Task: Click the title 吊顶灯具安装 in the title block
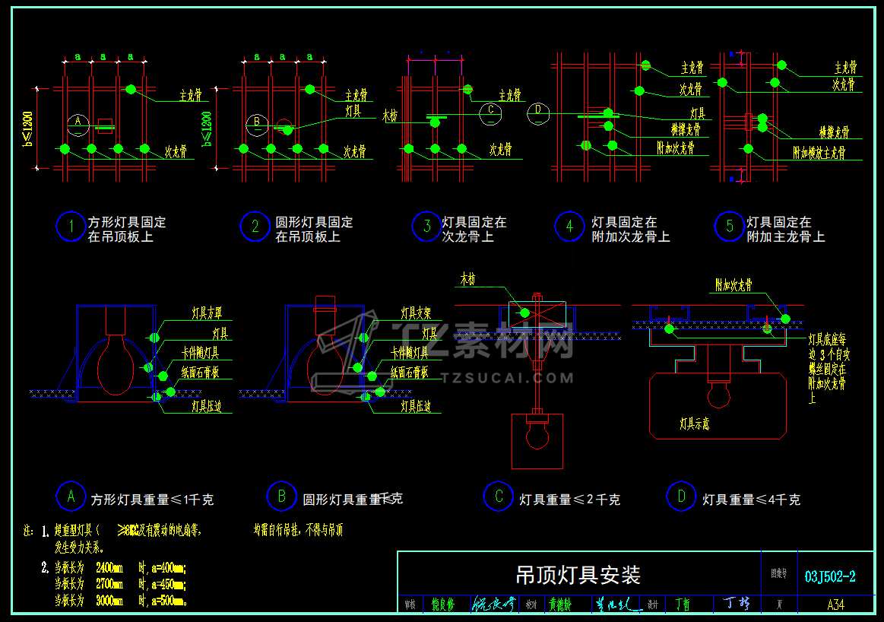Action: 578,575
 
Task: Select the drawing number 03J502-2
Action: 830,576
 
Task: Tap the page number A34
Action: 835,605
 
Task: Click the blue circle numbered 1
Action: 71,227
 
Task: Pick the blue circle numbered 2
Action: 255,227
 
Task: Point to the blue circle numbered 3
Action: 427,227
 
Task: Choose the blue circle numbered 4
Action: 569,227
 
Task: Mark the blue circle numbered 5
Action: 730,227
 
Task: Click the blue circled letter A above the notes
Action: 71,497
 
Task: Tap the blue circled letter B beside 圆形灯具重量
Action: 282,497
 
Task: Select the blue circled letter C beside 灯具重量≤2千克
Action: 499,497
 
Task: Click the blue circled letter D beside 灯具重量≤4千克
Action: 681,497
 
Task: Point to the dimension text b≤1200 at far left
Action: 29,130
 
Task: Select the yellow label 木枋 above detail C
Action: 467,280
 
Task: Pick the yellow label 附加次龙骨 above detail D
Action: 733,285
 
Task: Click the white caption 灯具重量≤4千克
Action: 751,500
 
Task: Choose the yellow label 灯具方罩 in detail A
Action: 212,313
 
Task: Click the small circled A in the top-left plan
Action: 78,122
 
